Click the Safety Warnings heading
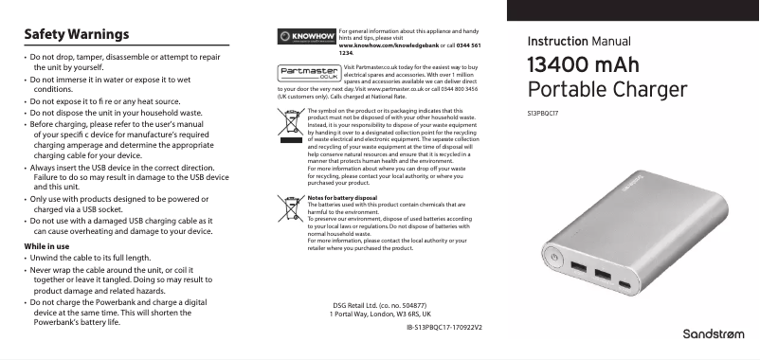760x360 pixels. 75,35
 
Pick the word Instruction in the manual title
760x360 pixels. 557,43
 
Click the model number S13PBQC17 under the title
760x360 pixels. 542,113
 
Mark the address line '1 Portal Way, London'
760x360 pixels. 379,314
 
